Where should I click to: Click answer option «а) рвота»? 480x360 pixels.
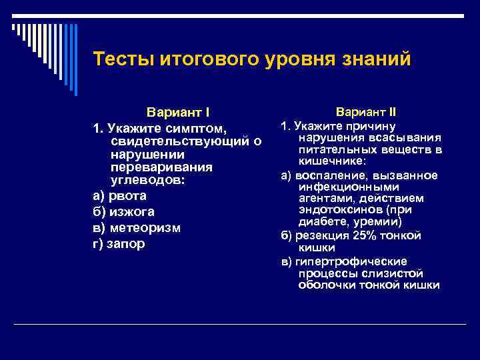(119, 197)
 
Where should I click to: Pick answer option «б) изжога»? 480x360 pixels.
(123, 212)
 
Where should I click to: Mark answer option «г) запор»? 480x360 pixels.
(119, 243)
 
